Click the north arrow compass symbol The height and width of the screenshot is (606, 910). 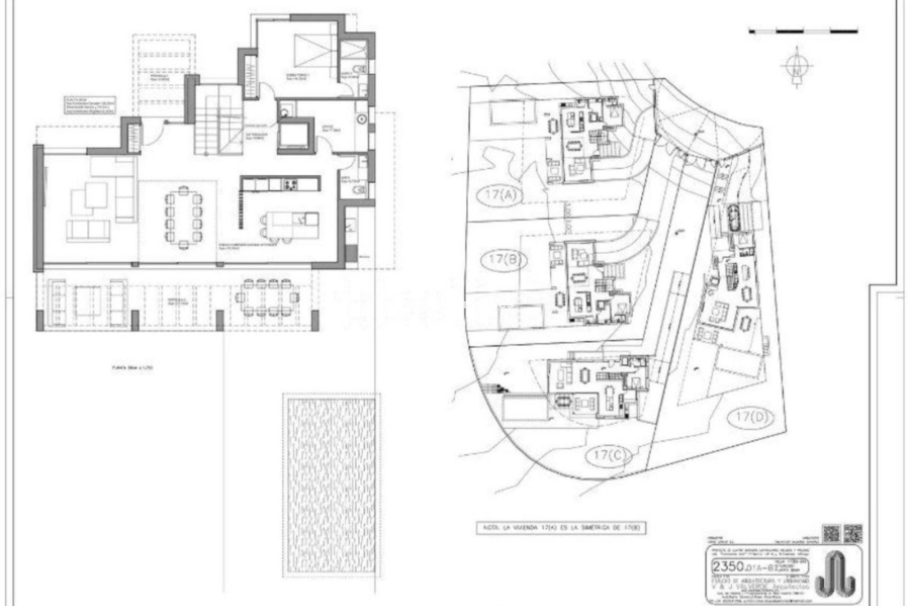tap(798, 68)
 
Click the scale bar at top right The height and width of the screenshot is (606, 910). tap(803, 31)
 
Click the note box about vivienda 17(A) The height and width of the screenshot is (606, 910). tap(561, 527)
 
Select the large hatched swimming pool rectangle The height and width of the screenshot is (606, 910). tap(331, 484)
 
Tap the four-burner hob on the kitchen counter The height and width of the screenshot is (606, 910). tap(290, 184)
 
